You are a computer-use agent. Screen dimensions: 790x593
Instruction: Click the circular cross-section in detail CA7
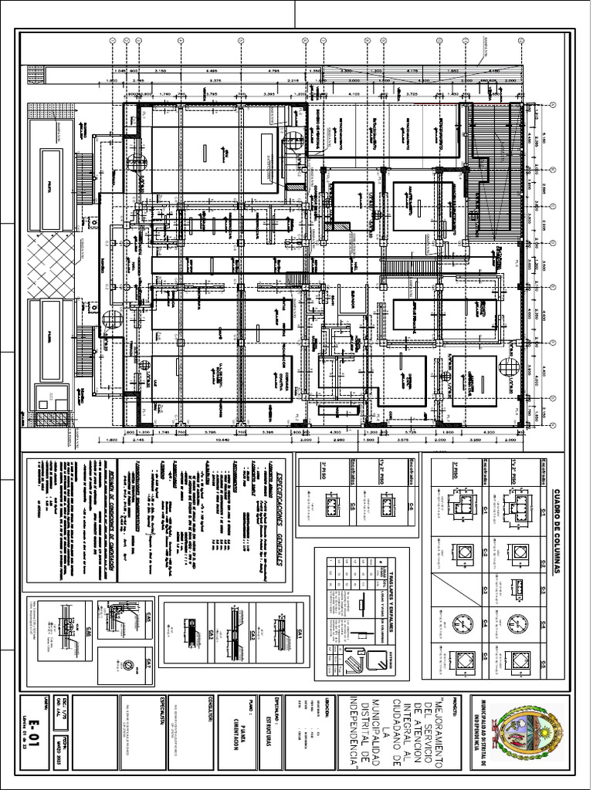128,665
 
